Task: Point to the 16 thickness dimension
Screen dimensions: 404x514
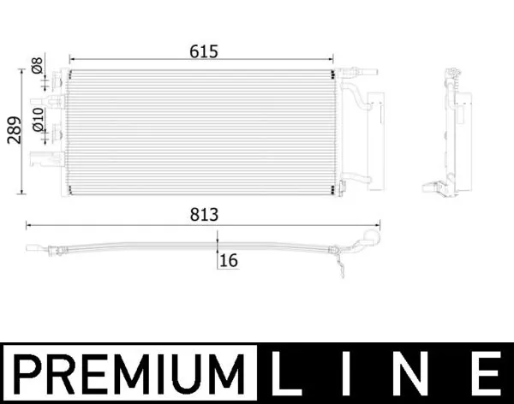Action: pyautogui.click(x=228, y=260)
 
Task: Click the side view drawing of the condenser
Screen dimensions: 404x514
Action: pyautogui.click(x=454, y=133)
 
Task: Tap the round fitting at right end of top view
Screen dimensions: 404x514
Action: pyautogui.click(x=371, y=239)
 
